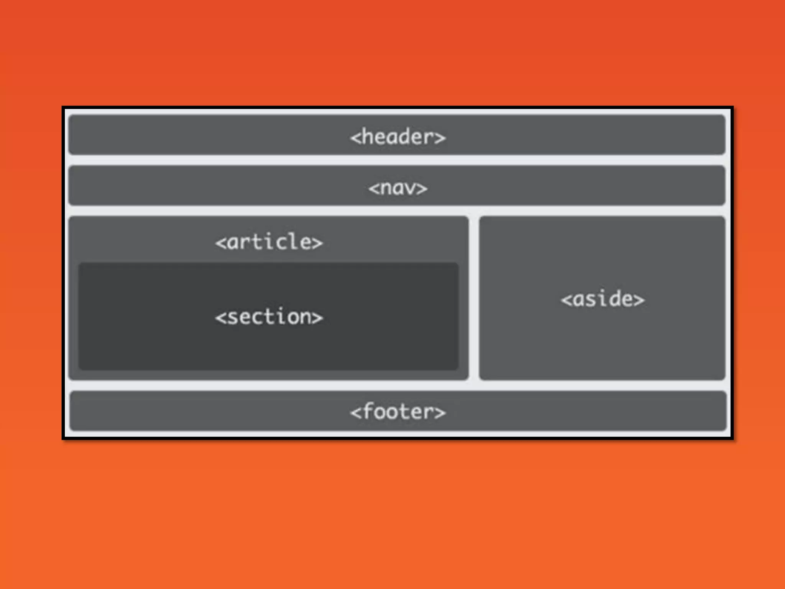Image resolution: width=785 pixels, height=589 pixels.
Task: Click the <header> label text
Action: (398, 137)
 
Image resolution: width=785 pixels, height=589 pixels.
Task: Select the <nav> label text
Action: (398, 188)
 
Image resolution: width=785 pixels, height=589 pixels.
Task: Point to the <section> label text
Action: (269, 317)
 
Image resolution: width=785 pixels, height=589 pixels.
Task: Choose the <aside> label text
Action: (603, 299)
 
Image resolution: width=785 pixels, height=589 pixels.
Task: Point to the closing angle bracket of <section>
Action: (317, 318)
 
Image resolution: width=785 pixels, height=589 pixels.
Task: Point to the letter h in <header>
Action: (368, 137)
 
